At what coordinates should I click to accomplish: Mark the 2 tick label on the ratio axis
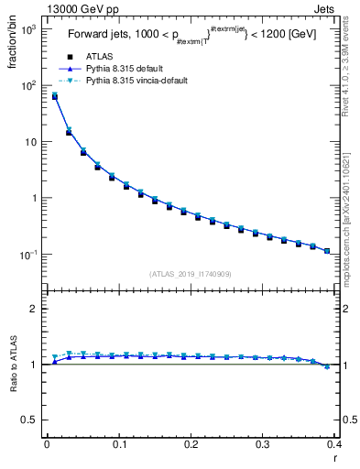pyautogui.click(x=32, y=309)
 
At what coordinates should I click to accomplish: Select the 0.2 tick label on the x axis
pyautogui.click(x=191, y=445)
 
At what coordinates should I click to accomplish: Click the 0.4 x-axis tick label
pyautogui.click(x=333, y=445)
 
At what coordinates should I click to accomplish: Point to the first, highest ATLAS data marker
pyautogui.click(x=55, y=96)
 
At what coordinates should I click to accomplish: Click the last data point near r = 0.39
pyautogui.click(x=327, y=250)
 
